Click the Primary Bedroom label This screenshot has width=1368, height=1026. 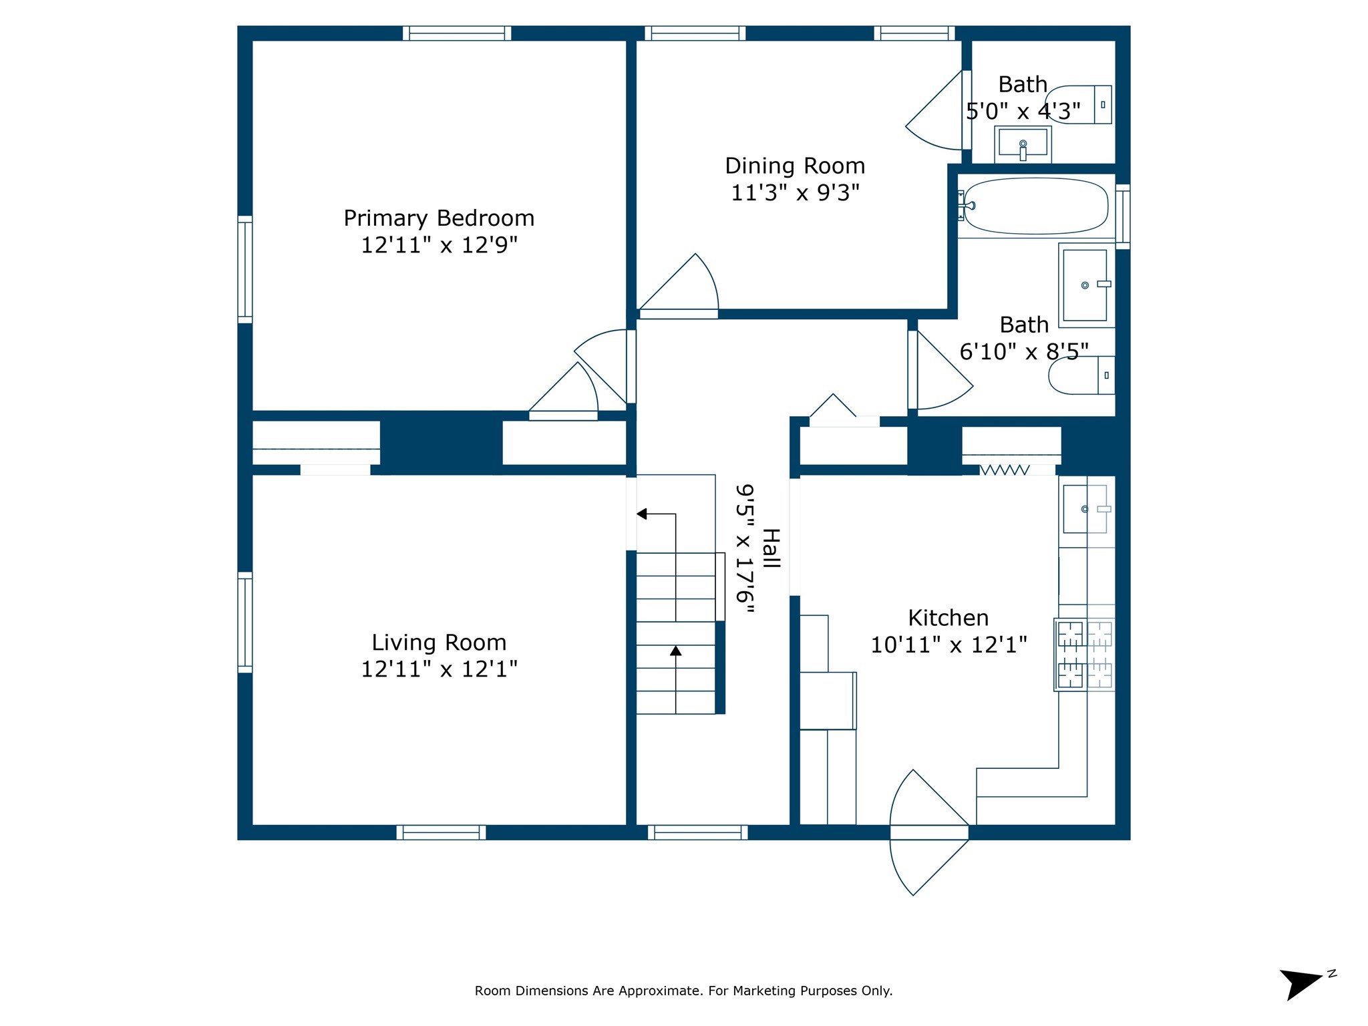pyautogui.click(x=439, y=218)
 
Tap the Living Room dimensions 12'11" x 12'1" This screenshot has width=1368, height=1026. pyautogui.click(x=439, y=669)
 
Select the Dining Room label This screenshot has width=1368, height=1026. pyautogui.click(x=795, y=166)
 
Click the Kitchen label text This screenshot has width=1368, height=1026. pyautogui.click(x=948, y=618)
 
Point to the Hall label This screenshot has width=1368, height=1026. pyautogui.click(x=771, y=548)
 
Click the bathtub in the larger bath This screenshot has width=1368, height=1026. pyautogui.click(x=1035, y=206)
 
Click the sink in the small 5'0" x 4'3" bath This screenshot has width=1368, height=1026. pyautogui.click(x=1023, y=144)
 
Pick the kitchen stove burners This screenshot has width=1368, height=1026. pyautogui.click(x=1084, y=655)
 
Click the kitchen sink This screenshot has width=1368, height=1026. pyautogui.click(x=1085, y=509)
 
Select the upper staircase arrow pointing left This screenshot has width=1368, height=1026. pyautogui.click(x=643, y=514)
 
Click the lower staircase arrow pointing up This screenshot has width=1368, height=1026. pyautogui.click(x=676, y=651)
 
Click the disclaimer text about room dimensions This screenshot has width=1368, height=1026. pyautogui.click(x=683, y=991)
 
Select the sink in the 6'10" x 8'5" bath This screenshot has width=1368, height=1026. pyautogui.click(x=1085, y=285)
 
